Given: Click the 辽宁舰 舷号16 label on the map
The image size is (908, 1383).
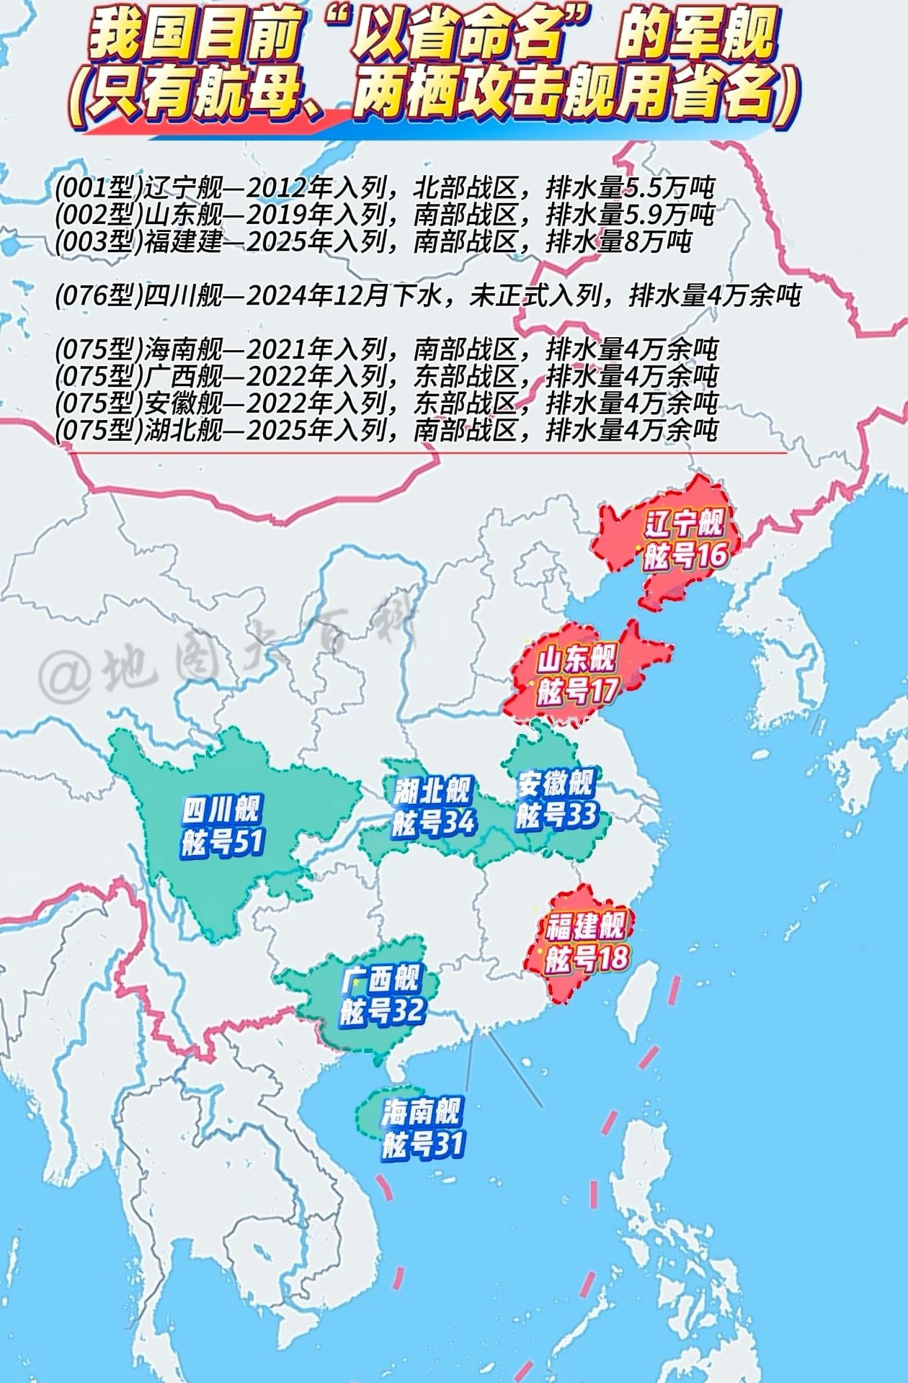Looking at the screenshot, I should pos(683,539).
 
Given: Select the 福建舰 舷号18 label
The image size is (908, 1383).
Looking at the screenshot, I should pos(586,942).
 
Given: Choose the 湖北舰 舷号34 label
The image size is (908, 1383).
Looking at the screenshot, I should pos(433,806).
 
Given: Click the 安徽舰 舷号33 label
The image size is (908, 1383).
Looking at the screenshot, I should pos(556,798).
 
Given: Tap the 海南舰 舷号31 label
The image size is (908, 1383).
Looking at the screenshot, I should pos(422,1129).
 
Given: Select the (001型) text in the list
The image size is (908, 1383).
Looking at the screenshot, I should pos(99,188).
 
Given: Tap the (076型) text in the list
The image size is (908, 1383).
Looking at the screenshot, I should pos(99,295).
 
